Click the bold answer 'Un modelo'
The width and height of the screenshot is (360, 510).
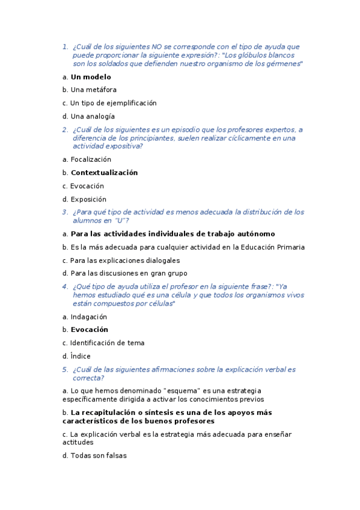click(x=91, y=77)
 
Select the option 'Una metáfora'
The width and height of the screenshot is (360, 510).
click(x=93, y=90)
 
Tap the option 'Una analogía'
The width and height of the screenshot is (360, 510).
click(x=93, y=117)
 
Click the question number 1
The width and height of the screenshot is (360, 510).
click(x=65, y=46)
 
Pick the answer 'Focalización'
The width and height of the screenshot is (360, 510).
click(x=91, y=160)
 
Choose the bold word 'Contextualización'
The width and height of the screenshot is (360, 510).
click(x=104, y=173)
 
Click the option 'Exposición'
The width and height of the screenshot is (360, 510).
click(x=88, y=200)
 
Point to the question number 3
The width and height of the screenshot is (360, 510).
click(x=65, y=212)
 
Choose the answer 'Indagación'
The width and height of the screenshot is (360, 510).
click(x=88, y=317)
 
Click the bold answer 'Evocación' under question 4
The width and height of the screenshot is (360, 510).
click(x=90, y=330)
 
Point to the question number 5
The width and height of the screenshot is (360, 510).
click(x=65, y=370)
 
